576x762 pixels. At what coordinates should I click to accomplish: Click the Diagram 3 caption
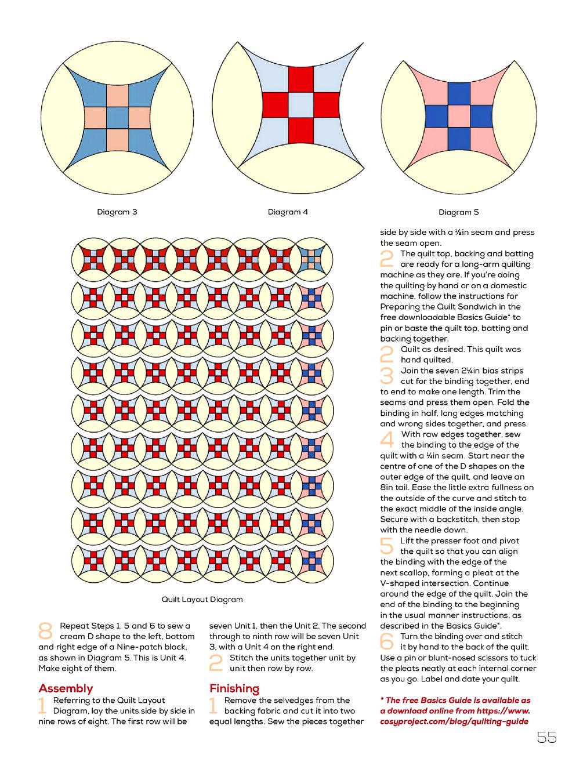pos(117,212)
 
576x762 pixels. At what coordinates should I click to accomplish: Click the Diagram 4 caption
pos(288,212)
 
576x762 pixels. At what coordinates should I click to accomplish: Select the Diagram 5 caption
pos(458,212)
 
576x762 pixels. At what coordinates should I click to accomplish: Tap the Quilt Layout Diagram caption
pos(202,599)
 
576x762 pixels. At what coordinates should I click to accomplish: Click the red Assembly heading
pos(66,688)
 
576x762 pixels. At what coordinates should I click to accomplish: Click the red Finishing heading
pos(234,688)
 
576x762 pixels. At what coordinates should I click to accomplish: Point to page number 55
pos(546,737)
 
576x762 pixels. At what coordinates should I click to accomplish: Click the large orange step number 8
pos(45,630)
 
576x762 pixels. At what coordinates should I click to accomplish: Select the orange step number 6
pos(387,641)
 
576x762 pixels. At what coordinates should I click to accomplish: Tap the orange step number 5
pos(387,546)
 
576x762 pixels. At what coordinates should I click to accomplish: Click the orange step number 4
pos(387,440)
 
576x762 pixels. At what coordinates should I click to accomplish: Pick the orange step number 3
pos(387,376)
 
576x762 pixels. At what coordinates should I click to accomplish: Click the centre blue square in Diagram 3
pos(118,118)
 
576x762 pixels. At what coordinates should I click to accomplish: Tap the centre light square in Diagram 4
pos(300,105)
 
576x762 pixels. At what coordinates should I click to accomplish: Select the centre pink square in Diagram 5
pos(459,116)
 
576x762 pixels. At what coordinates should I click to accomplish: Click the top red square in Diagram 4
pos(300,79)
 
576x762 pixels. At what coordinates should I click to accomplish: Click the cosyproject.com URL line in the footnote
pos(454,721)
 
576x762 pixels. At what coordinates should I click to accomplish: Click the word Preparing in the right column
pos(400,307)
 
